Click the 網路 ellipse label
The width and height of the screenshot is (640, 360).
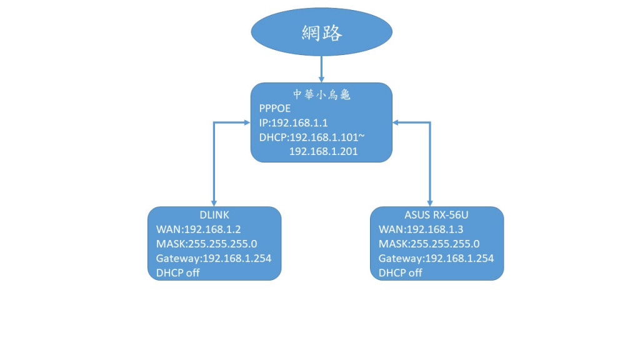(x=321, y=32)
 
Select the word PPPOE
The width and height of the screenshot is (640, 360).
(x=275, y=109)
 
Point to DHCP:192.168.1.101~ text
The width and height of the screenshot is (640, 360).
(x=307, y=137)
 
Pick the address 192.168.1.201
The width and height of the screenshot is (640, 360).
(x=323, y=151)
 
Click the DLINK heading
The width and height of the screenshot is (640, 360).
(x=214, y=215)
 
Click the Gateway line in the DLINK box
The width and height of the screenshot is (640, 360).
(x=213, y=258)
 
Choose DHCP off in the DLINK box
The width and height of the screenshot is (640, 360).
(x=178, y=272)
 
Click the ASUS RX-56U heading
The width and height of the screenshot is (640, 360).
(x=437, y=215)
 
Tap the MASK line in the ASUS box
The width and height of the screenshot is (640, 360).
(x=429, y=244)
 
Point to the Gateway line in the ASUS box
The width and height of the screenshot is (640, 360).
(x=436, y=258)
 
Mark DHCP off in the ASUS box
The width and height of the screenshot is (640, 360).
(x=401, y=272)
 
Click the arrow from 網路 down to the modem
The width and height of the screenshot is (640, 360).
(x=321, y=67)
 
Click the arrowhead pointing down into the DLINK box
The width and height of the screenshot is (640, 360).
(x=214, y=202)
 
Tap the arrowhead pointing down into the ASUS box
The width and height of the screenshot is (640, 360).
(x=429, y=202)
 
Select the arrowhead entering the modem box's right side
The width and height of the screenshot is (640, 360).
(x=397, y=122)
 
